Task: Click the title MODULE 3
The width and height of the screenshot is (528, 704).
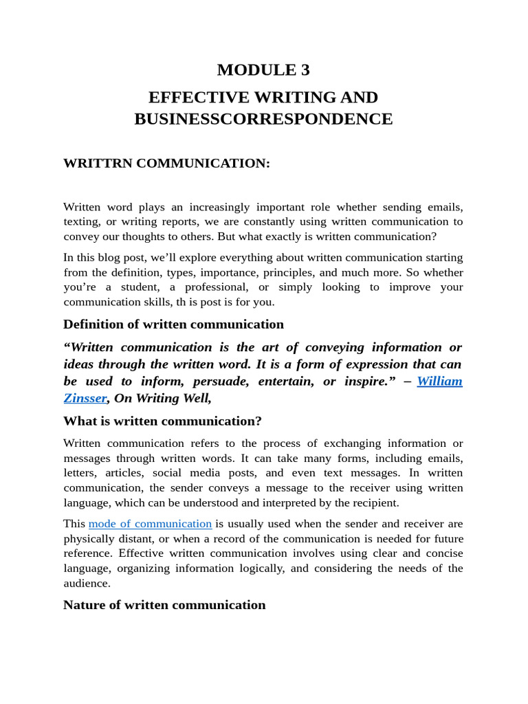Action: click(x=263, y=69)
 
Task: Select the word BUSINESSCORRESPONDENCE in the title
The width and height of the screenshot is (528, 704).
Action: click(x=263, y=119)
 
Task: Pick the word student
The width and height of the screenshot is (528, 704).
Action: click(x=138, y=287)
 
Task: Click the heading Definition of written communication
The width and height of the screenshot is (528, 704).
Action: click(x=173, y=324)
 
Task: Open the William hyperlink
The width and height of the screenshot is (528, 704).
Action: click(x=439, y=381)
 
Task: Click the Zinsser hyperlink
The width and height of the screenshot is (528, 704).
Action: click(x=85, y=397)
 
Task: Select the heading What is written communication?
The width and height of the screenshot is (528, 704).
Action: click(x=162, y=421)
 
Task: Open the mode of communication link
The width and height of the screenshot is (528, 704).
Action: click(x=150, y=524)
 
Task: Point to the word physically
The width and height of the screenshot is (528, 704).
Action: click(x=87, y=538)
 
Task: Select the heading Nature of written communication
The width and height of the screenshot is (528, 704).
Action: click(x=164, y=605)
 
